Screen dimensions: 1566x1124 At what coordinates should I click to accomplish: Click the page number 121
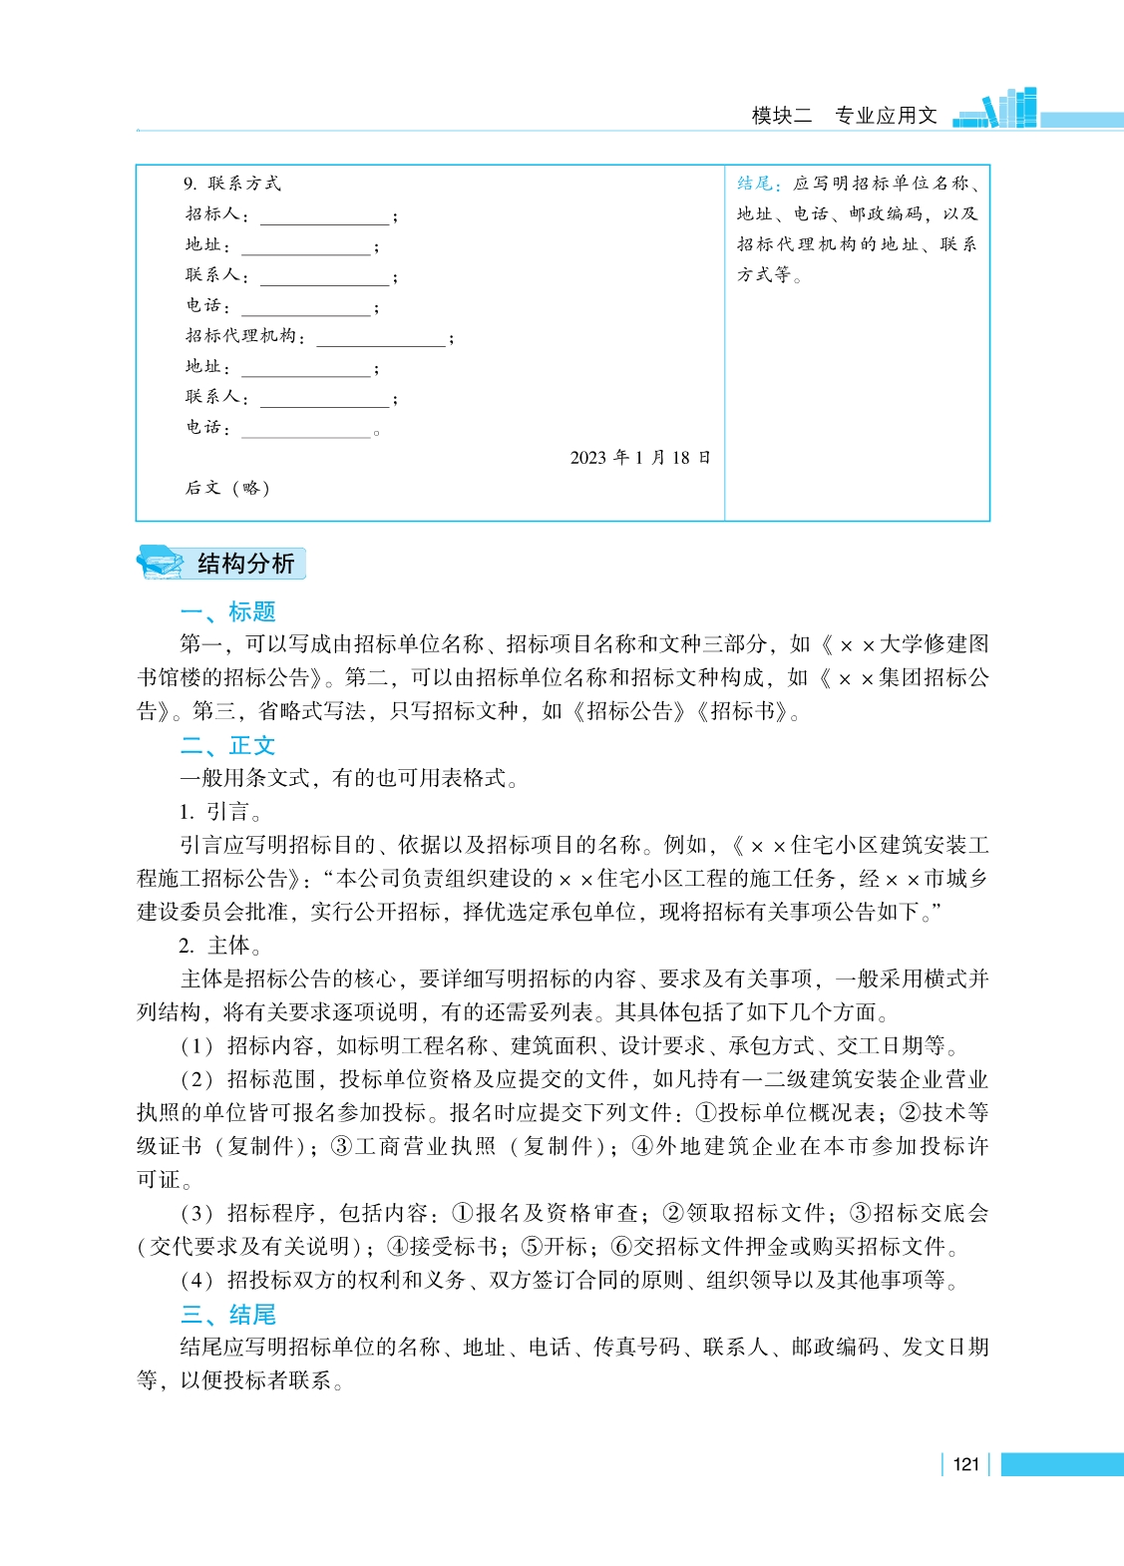tap(965, 1464)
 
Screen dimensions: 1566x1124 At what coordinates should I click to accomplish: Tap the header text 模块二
tap(782, 116)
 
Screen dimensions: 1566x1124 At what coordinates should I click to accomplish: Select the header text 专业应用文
tap(886, 116)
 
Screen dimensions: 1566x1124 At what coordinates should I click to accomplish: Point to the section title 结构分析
tap(246, 564)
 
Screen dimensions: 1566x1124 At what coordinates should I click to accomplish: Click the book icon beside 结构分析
tap(161, 563)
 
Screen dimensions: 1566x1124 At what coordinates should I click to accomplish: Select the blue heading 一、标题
tap(227, 611)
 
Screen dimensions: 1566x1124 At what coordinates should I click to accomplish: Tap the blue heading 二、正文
tap(227, 745)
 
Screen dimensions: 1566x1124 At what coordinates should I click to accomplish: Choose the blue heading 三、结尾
tap(227, 1314)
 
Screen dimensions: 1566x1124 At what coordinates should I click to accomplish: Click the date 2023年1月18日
tap(640, 458)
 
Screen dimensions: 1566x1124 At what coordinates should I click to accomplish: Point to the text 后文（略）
tap(227, 488)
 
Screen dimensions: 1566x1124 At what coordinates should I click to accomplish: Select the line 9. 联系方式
tap(232, 184)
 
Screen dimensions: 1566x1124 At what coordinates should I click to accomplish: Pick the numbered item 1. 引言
tap(222, 812)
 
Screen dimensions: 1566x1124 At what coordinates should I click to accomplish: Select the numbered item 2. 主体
tap(222, 946)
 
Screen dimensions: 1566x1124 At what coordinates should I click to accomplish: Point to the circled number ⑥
tap(621, 1247)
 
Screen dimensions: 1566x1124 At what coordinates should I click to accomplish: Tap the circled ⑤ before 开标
tap(532, 1247)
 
